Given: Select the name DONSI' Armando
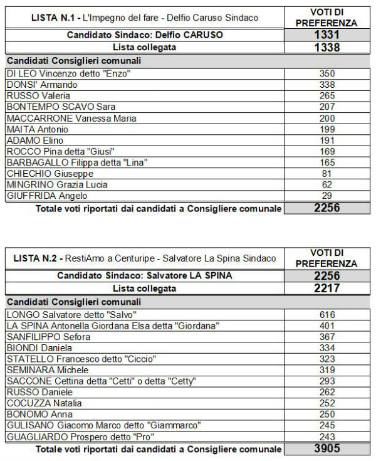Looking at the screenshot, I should tap(42, 85).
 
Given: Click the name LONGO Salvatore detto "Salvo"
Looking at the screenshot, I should tap(71, 314).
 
